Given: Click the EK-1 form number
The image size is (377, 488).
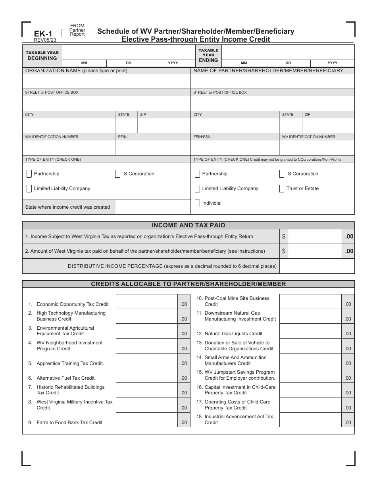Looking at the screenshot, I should [x=43, y=34].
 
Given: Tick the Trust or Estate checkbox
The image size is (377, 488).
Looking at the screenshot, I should [x=282, y=188].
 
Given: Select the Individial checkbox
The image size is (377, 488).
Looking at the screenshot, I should [x=197, y=203].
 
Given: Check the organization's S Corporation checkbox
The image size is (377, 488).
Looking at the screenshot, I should [x=118, y=174].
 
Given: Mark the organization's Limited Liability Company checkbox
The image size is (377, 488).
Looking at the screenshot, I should [x=29, y=188].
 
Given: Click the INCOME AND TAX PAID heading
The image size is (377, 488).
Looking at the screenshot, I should [x=188, y=225].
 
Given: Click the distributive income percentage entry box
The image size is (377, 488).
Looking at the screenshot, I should [x=317, y=266].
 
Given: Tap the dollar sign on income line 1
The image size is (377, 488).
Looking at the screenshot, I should [x=284, y=236].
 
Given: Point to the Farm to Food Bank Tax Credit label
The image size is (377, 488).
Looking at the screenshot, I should [x=70, y=423].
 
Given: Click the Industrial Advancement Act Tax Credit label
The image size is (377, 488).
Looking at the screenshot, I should [x=239, y=419].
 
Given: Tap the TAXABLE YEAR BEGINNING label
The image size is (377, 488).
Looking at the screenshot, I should [x=42, y=56].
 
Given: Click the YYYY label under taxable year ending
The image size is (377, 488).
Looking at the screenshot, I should [x=332, y=63].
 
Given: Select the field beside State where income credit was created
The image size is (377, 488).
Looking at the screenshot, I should [x=152, y=207].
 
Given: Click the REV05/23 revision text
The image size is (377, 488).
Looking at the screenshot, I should [x=45, y=40].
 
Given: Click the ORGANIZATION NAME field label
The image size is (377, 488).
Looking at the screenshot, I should [x=76, y=71].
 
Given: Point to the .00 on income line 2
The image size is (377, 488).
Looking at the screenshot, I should [x=349, y=251].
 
